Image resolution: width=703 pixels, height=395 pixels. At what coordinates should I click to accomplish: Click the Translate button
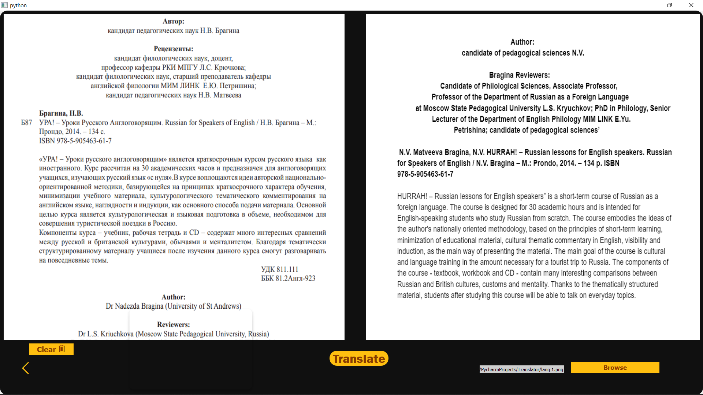click(359, 358)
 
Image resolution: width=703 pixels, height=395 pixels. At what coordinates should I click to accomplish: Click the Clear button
click(51, 349)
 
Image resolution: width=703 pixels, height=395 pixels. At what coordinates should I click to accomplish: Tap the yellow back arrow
click(26, 368)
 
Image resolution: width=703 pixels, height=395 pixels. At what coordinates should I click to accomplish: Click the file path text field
click(521, 369)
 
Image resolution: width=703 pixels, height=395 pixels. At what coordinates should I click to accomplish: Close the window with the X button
click(691, 5)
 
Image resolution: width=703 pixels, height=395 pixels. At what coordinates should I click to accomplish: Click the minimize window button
click(648, 5)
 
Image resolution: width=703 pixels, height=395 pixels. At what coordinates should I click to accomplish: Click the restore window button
click(669, 5)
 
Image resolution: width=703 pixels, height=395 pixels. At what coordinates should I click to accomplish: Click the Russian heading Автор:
click(173, 21)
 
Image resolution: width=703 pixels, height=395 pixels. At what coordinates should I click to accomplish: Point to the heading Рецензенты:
click(173, 49)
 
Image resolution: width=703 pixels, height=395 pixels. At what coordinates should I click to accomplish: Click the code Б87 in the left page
click(26, 123)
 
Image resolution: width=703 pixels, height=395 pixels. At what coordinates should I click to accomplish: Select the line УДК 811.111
click(279, 269)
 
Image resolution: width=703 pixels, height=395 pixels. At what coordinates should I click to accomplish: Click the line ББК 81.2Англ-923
click(288, 278)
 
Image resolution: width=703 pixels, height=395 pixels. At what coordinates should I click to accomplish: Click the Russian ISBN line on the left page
click(75, 141)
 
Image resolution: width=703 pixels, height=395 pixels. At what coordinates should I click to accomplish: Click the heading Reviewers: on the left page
click(173, 324)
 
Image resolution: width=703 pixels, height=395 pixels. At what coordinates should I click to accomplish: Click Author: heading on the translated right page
click(522, 42)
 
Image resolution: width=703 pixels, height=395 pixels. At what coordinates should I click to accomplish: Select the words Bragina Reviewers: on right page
click(519, 75)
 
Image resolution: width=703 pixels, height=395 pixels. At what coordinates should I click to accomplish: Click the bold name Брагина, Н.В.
click(61, 113)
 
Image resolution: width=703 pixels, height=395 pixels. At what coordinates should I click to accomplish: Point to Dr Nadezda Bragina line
click(173, 306)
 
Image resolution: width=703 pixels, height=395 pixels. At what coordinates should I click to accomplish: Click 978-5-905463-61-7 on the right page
click(425, 174)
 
